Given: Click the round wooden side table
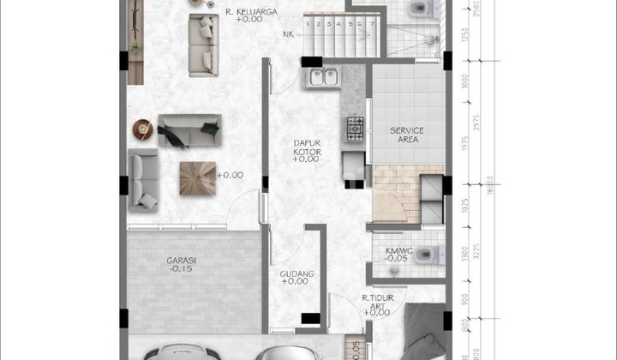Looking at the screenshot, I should [x=141, y=129].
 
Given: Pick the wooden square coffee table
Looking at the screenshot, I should [x=196, y=177].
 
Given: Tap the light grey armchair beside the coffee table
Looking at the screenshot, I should [x=143, y=178].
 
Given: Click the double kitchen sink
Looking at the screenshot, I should [x=323, y=78].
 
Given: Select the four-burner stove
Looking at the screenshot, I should [x=354, y=129].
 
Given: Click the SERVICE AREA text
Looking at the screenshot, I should [x=407, y=135].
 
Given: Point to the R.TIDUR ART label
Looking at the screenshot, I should [x=378, y=302].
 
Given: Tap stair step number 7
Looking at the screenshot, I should [x=372, y=24].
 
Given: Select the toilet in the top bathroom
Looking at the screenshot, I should [x=417, y=9].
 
